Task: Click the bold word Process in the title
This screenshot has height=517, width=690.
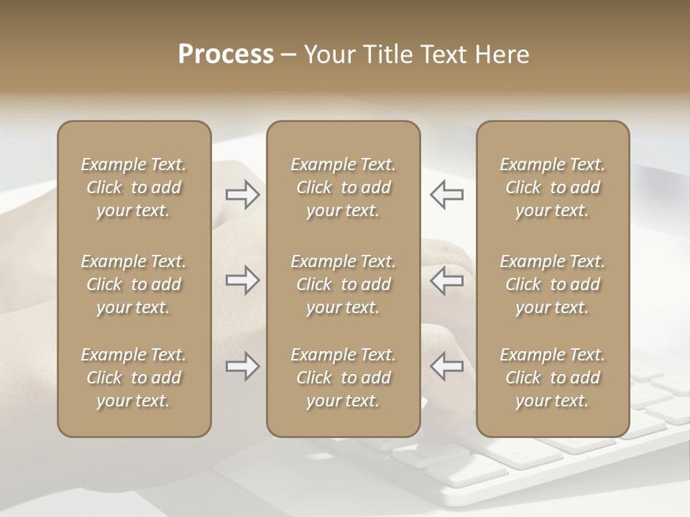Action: click(x=226, y=55)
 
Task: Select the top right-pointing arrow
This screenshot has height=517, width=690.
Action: click(x=243, y=195)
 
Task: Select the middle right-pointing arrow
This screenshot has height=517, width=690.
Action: click(x=243, y=280)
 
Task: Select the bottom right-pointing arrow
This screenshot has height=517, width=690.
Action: click(x=243, y=367)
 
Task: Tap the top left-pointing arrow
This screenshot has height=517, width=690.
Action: click(x=447, y=195)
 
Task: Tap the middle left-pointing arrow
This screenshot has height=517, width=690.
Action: click(x=447, y=280)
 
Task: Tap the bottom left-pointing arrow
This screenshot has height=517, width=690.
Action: click(x=447, y=367)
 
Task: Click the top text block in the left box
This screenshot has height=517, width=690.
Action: click(x=134, y=187)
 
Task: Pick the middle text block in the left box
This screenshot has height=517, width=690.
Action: click(x=134, y=284)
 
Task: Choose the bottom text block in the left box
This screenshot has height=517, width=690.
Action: click(x=134, y=378)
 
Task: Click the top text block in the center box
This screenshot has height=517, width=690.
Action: click(x=343, y=187)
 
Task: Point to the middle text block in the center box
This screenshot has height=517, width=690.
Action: click(x=343, y=284)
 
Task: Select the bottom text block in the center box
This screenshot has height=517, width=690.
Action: click(x=343, y=378)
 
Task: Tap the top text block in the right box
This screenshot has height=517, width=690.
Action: click(x=552, y=187)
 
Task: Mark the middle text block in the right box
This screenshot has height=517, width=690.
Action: click(x=552, y=284)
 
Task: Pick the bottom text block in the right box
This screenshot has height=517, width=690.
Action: click(x=552, y=378)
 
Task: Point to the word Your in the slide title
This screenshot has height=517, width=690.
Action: click(x=329, y=55)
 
